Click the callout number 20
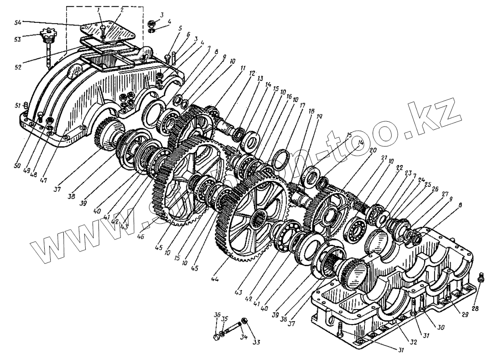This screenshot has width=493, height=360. coord(373,150)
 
